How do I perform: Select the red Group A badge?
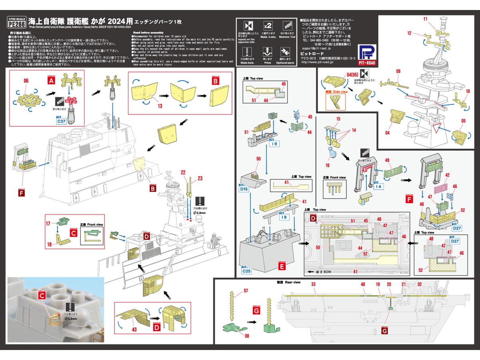51,80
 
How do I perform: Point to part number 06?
26,81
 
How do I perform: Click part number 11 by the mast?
425,19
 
